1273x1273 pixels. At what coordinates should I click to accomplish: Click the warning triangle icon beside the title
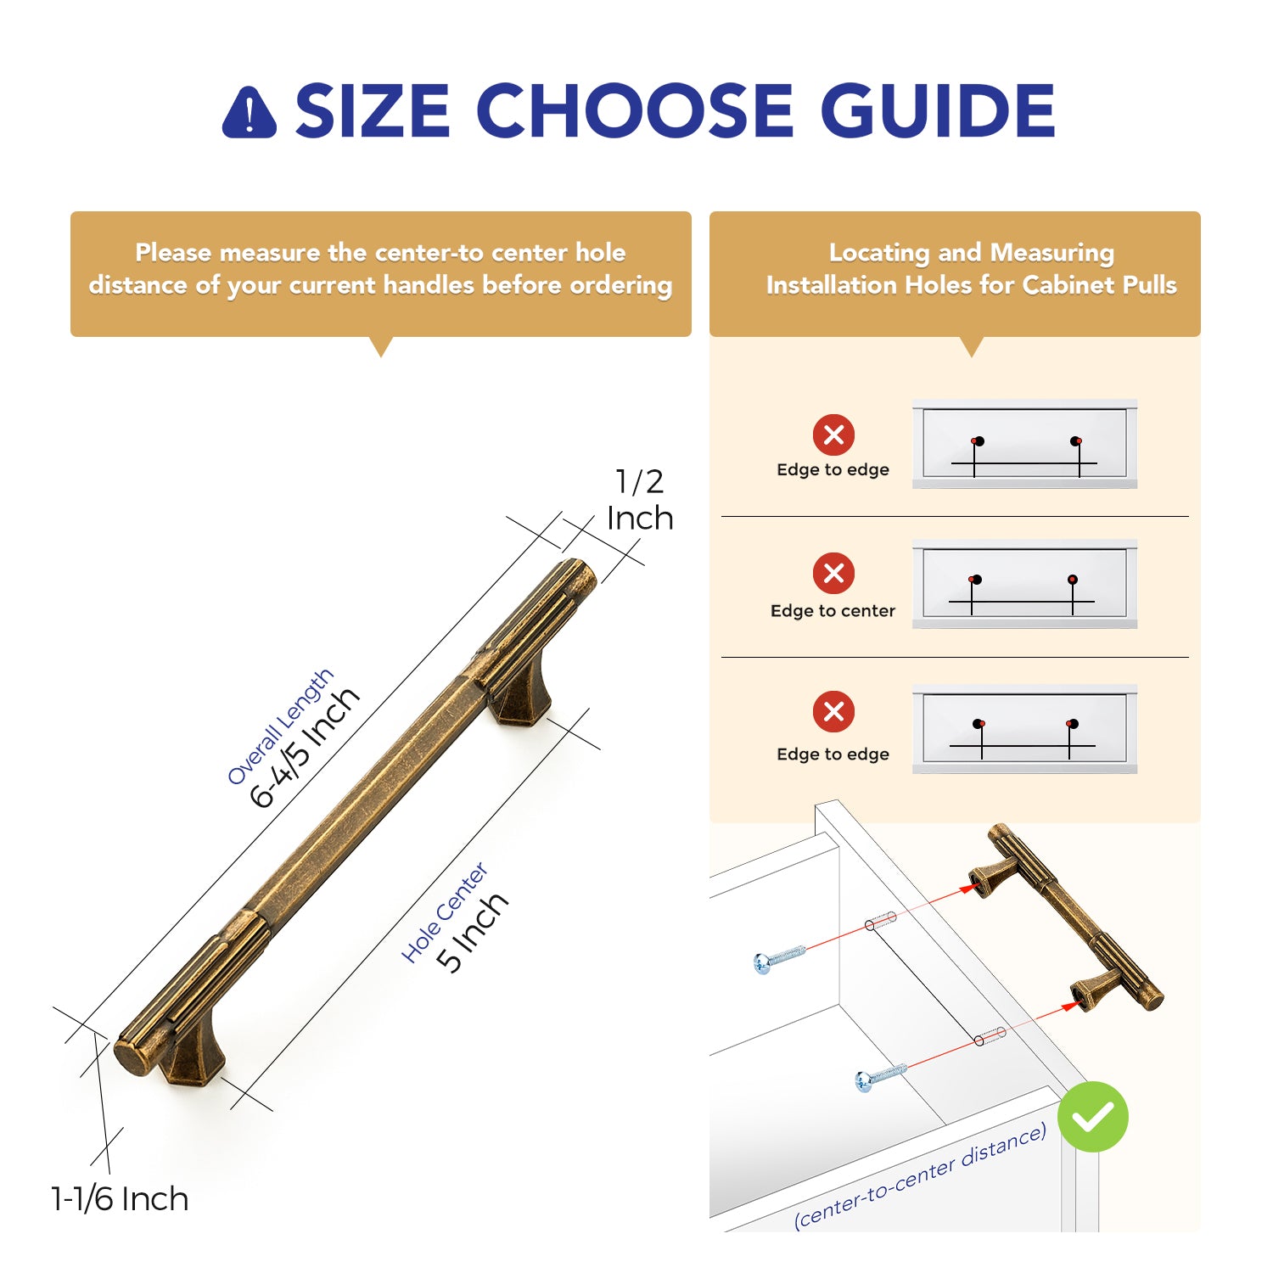249,112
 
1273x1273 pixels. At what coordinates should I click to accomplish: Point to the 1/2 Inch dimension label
640,500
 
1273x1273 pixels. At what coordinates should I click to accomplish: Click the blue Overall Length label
280,726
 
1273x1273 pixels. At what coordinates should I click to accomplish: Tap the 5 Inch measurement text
472,931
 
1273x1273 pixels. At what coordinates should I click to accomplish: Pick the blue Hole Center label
444,913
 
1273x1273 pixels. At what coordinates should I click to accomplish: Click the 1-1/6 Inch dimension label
120,1199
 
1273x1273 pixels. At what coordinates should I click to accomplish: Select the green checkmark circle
1093,1117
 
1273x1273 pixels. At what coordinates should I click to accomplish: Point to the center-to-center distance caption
920,1175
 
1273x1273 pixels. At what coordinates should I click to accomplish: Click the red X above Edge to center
833,573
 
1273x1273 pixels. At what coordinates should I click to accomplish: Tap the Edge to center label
833,611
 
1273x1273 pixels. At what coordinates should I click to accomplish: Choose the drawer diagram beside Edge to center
1024,584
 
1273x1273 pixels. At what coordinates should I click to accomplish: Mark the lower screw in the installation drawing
881,1077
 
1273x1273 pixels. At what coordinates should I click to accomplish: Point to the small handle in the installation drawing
1067,917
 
